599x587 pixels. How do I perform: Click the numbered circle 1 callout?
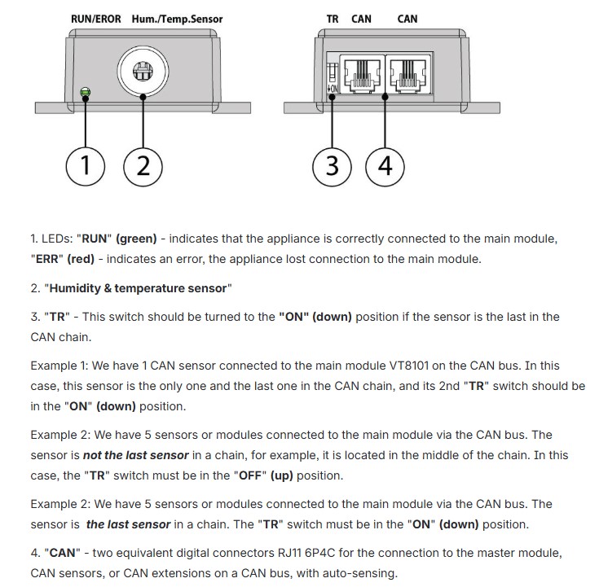86,167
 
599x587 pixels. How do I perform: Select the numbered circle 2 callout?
143,167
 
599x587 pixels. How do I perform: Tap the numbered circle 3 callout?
332,167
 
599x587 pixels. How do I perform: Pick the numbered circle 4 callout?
385,167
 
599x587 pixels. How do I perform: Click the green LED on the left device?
86,92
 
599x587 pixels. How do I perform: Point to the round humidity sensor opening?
143,72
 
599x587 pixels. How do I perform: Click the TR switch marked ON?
333,78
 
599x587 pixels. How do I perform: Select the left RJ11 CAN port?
362,73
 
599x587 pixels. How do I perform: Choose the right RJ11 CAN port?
408,73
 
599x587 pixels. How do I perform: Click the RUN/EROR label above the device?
96,19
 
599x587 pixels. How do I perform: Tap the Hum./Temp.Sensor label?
178,19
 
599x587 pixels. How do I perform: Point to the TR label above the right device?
333,19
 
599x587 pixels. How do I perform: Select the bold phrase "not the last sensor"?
136,455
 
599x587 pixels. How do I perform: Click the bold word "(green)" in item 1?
136,239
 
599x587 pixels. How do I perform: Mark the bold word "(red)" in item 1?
81,259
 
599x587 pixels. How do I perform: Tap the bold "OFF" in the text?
250,475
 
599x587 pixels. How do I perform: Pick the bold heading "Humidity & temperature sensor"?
138,288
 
